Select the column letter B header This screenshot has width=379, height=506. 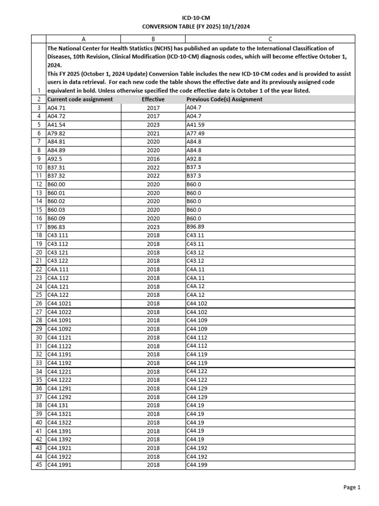click(x=153, y=39)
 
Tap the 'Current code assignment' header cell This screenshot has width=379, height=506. click(x=80, y=99)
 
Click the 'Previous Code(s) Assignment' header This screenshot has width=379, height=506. click(x=225, y=99)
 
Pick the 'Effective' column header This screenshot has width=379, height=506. click(x=153, y=99)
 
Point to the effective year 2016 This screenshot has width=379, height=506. click(x=153, y=159)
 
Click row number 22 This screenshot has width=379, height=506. click(x=38, y=269)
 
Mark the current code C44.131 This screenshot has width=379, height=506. click(x=57, y=405)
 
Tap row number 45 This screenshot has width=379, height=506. click(x=38, y=465)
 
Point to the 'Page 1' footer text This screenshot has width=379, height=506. click(x=352, y=487)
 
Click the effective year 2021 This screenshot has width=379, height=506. click(x=153, y=133)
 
